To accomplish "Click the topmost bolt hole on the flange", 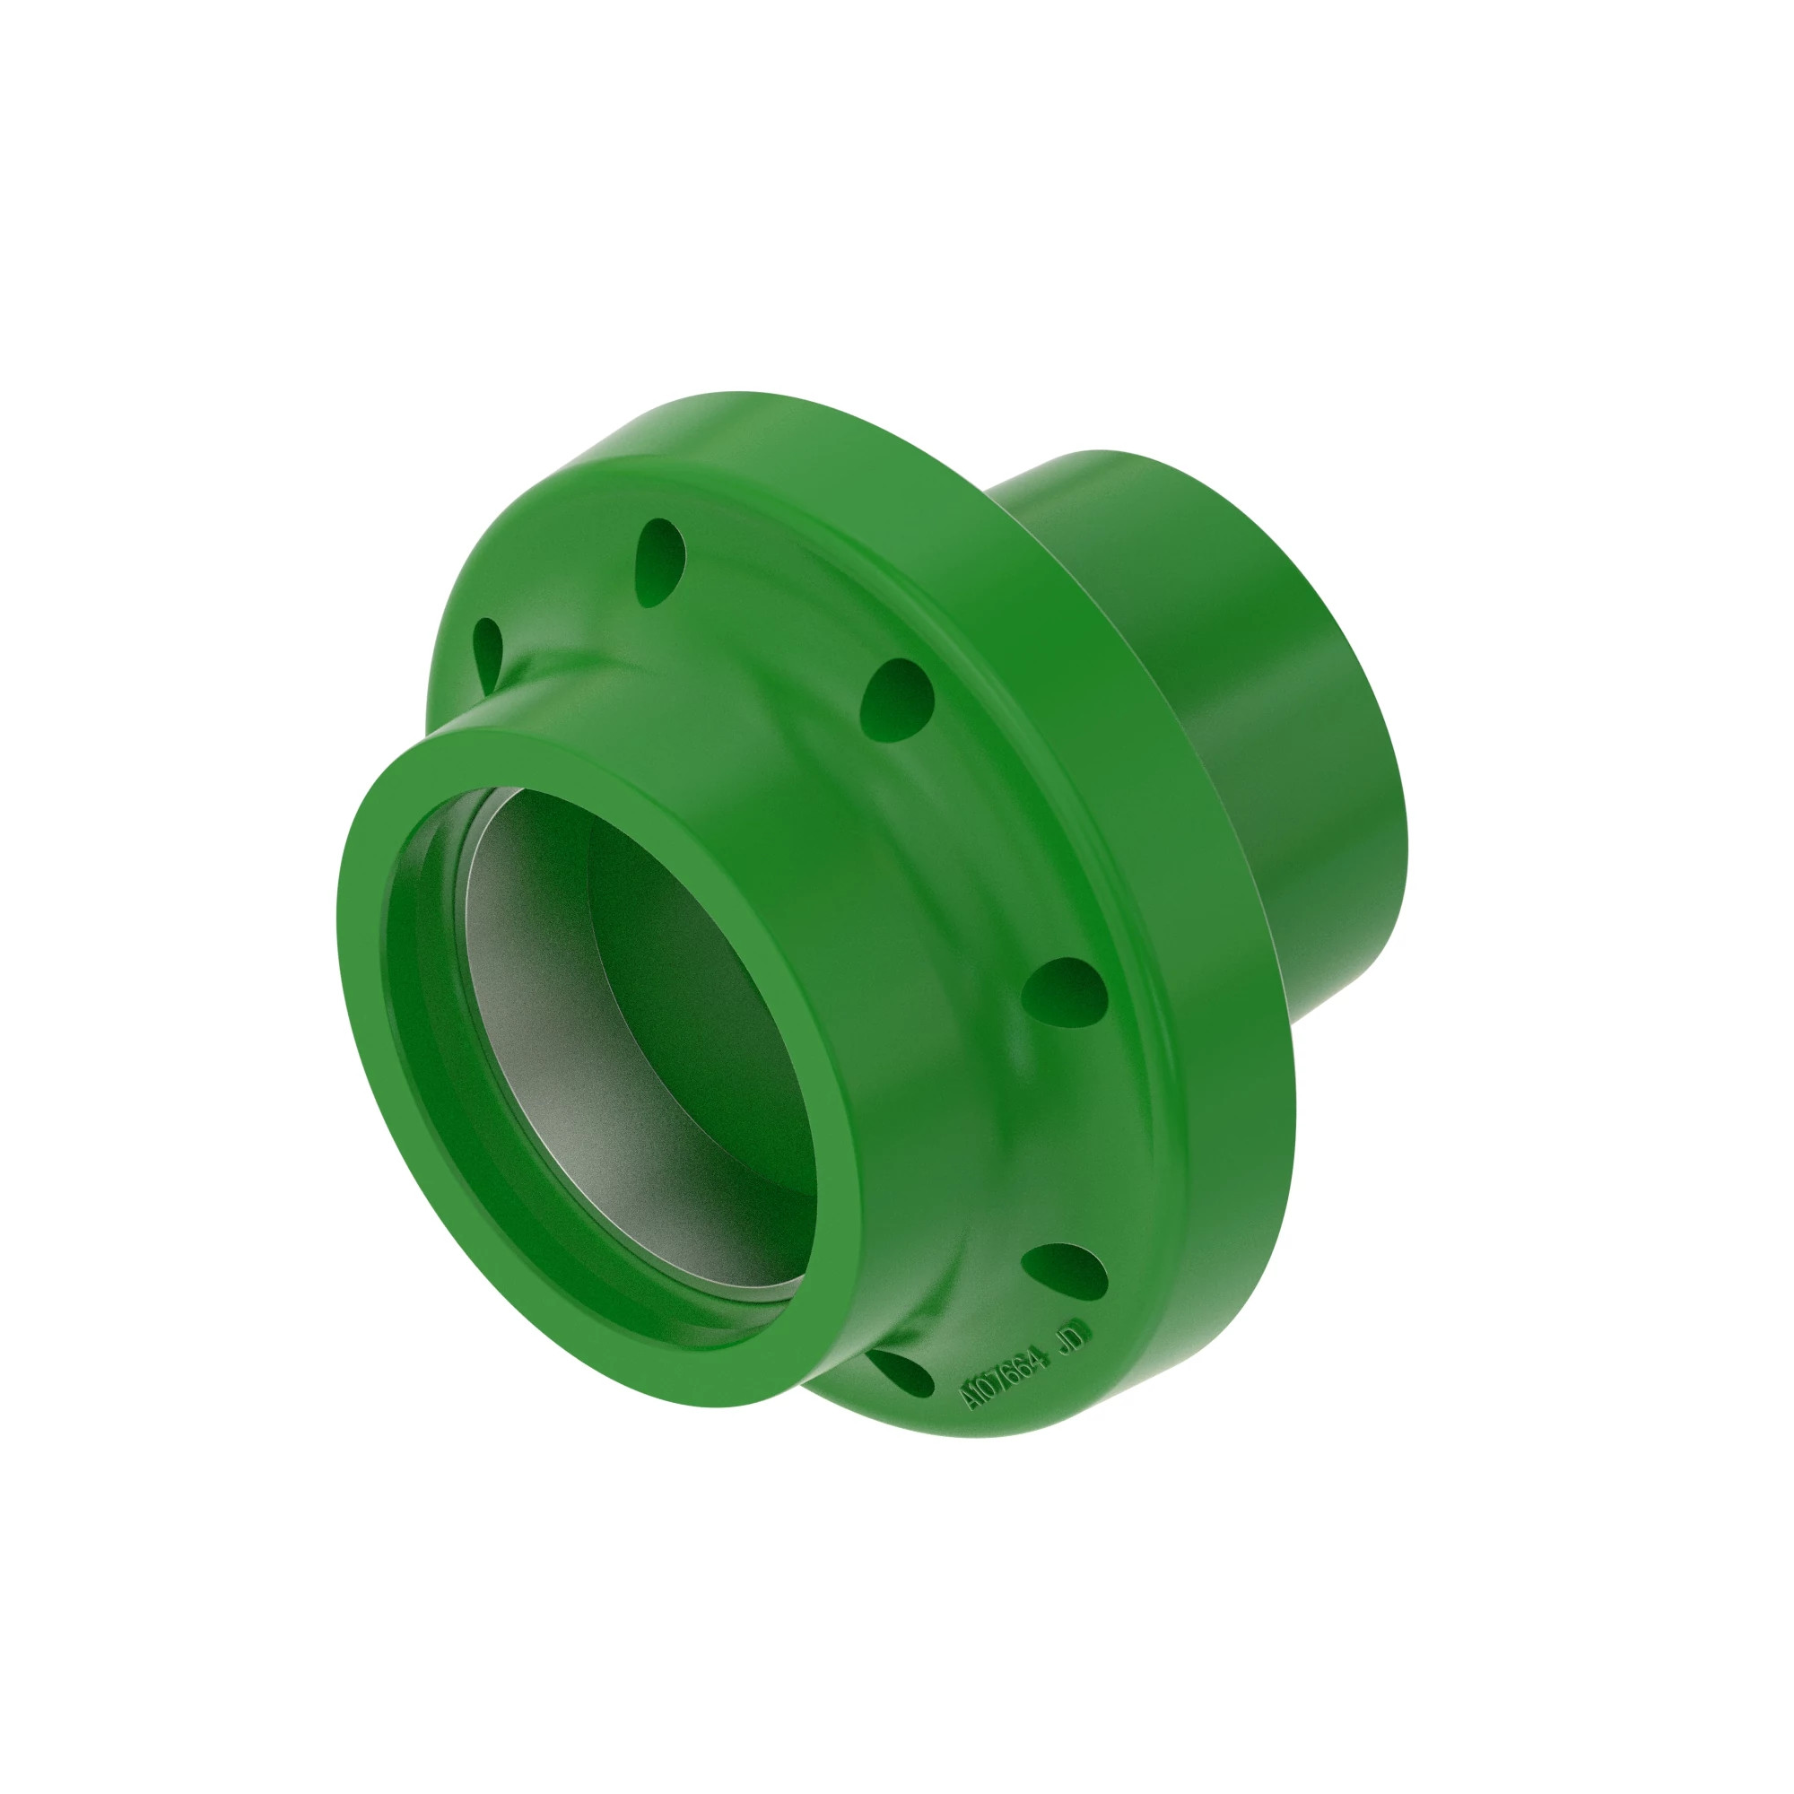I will (659, 562).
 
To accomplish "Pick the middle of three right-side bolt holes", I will (1064, 992).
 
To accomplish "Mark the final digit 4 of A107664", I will (1040, 1361).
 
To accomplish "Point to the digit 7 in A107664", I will (1001, 1379).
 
